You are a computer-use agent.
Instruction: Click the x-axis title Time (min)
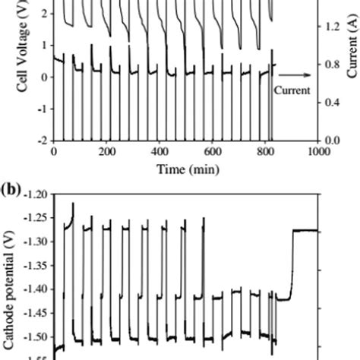coord(185,168)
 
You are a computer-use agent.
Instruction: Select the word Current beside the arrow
coord(292,90)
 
